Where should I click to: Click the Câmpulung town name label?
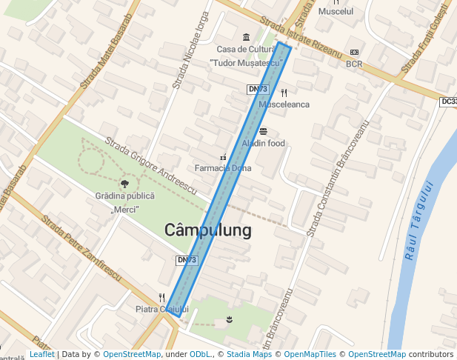(x=207, y=230)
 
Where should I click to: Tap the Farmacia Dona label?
(x=222, y=168)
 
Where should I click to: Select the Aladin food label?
(x=263, y=143)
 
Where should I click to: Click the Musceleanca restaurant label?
(x=284, y=104)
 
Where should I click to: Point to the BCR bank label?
(x=354, y=64)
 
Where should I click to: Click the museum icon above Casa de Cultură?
(x=246, y=38)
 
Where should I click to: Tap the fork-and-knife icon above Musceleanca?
(x=284, y=93)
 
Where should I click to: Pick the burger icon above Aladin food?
(x=263, y=131)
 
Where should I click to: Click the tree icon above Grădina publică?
(x=124, y=183)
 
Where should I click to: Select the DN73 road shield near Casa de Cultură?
(x=257, y=89)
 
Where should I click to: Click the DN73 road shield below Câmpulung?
(x=187, y=260)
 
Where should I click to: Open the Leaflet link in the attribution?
(x=42, y=354)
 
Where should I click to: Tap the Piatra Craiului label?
(x=163, y=309)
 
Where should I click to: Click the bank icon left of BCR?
(x=354, y=52)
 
